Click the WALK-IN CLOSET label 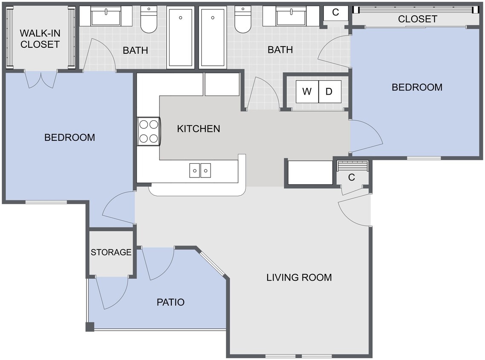point(40,38)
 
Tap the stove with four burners point(148,131)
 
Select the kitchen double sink point(200,170)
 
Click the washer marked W point(307,91)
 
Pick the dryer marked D point(329,91)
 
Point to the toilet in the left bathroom point(149,20)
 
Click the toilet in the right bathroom point(243,20)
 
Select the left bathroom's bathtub point(181,37)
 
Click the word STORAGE point(111,252)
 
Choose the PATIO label point(170,302)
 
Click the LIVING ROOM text point(299,277)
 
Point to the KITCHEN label point(199,128)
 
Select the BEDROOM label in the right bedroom point(417,87)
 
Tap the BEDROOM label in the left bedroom point(69,137)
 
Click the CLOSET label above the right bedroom point(417,19)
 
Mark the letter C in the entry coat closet point(352,177)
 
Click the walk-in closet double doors point(41,79)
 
